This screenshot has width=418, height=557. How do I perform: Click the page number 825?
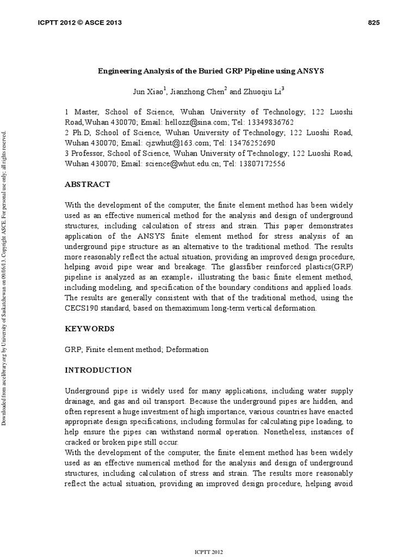(373, 22)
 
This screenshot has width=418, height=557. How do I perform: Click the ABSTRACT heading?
(87, 184)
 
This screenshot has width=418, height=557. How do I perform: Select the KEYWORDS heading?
(90, 329)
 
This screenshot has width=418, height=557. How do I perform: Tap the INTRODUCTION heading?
(98, 370)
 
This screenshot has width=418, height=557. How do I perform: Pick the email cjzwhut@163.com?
(176, 143)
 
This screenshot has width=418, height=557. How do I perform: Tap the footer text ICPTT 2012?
(208, 552)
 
